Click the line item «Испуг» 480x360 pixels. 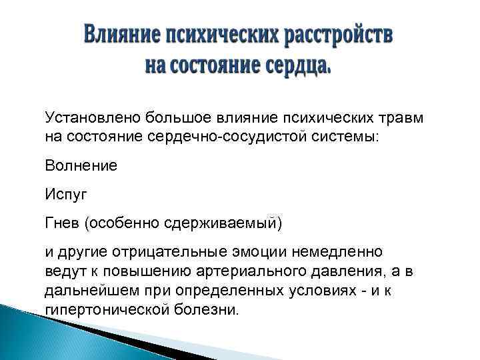66,195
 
